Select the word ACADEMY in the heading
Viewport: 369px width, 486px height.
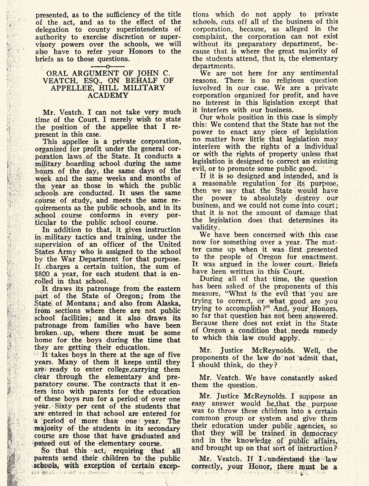coord(107,96)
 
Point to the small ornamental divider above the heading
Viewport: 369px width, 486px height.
coord(108,67)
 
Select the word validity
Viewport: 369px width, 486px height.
coord(206,227)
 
